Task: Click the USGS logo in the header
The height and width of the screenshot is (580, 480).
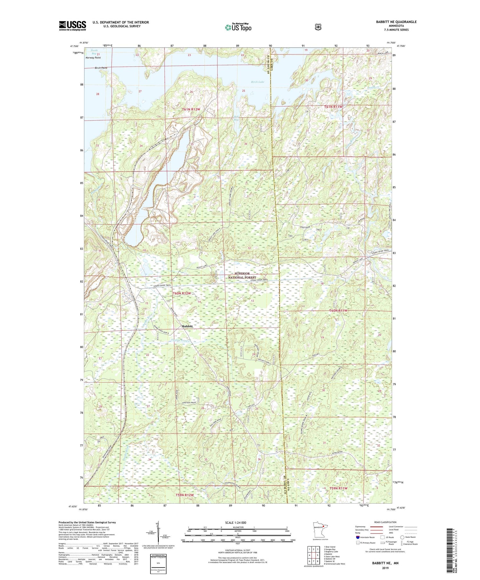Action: (72, 26)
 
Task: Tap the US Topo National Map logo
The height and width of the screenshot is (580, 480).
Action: (238, 27)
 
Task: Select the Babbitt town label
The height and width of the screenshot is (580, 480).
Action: (187, 326)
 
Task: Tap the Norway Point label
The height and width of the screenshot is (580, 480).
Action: (93, 58)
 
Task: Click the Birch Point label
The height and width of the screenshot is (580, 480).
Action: (101, 68)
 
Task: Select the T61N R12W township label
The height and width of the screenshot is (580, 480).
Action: (191, 109)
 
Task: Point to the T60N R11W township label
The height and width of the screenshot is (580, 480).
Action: (338, 311)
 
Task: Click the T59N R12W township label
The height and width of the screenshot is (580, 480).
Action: (185, 495)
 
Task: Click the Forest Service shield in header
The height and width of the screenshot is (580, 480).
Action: (318, 27)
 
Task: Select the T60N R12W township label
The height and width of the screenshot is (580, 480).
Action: (182, 293)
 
